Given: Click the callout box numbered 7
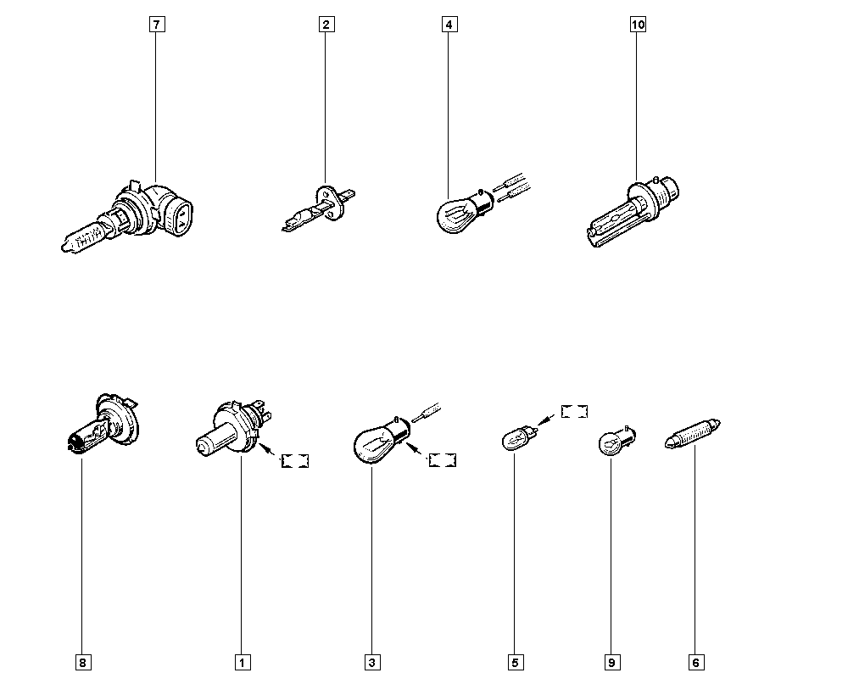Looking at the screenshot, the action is pyautogui.click(x=157, y=25).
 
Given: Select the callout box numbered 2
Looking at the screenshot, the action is pyautogui.click(x=326, y=25).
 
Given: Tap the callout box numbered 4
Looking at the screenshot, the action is pyautogui.click(x=449, y=25).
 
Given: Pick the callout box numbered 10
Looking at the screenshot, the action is pyautogui.click(x=639, y=25).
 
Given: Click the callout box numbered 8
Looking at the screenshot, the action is pyautogui.click(x=83, y=663).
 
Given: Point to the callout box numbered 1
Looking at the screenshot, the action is pyautogui.click(x=243, y=663).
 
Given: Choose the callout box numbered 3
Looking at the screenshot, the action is pyautogui.click(x=372, y=663).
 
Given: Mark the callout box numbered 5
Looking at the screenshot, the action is pyautogui.click(x=516, y=663).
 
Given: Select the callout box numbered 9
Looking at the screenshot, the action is pyautogui.click(x=611, y=663).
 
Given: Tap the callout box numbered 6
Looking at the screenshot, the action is pyautogui.click(x=696, y=663).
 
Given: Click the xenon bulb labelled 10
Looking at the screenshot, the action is pyautogui.click(x=633, y=213).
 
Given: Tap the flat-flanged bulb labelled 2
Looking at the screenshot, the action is pyautogui.click(x=319, y=208).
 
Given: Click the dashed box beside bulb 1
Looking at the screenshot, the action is pyautogui.click(x=295, y=461).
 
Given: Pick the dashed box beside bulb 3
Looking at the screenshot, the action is pyautogui.click(x=443, y=460).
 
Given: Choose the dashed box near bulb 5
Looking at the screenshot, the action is pyautogui.click(x=574, y=411).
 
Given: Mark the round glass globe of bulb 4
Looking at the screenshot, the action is pyautogui.click(x=453, y=216).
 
